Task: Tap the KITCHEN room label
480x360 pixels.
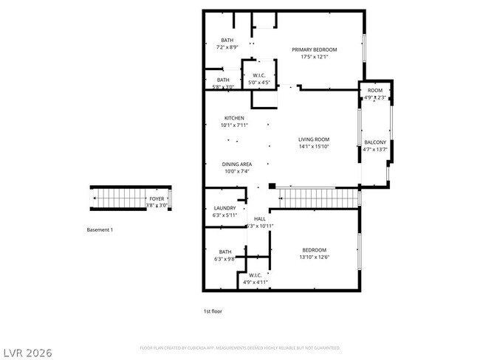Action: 234,118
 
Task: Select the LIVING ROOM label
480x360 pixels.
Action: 313,139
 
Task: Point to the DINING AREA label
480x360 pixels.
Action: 237,164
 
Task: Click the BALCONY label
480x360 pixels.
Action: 374,142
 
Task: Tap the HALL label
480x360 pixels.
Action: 259,218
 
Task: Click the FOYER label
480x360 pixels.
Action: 157,199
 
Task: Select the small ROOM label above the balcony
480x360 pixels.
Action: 374,90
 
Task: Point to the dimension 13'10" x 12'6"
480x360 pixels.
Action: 314,257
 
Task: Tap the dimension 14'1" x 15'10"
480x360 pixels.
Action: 313,146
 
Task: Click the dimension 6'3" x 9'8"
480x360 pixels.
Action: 224,258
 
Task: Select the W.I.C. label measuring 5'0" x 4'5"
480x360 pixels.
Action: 258,75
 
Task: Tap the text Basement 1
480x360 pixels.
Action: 100,230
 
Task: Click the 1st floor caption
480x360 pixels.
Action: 213,311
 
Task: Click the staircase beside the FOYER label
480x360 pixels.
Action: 118,198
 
